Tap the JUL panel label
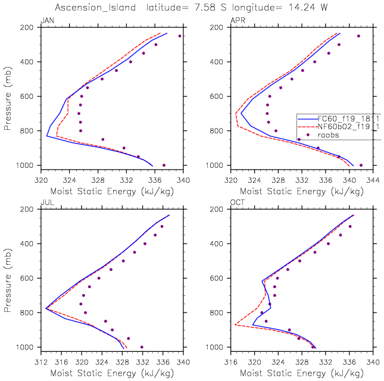[x=46, y=204]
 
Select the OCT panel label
[x=237, y=204]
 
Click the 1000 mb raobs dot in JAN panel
[x=164, y=165]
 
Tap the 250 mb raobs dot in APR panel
[x=358, y=36]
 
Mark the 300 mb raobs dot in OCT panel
[x=350, y=226]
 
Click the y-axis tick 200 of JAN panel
[x=29, y=27]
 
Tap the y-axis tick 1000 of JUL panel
[x=27, y=347]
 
